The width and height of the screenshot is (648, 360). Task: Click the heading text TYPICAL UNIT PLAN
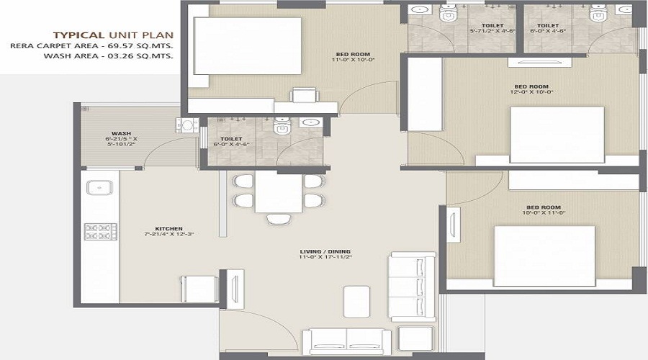(112, 34)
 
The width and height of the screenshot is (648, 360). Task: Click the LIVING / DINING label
(325, 251)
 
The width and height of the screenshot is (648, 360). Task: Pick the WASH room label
(120, 134)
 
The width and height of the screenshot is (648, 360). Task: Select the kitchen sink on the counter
(97, 188)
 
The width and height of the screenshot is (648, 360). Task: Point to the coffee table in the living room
(357, 297)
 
